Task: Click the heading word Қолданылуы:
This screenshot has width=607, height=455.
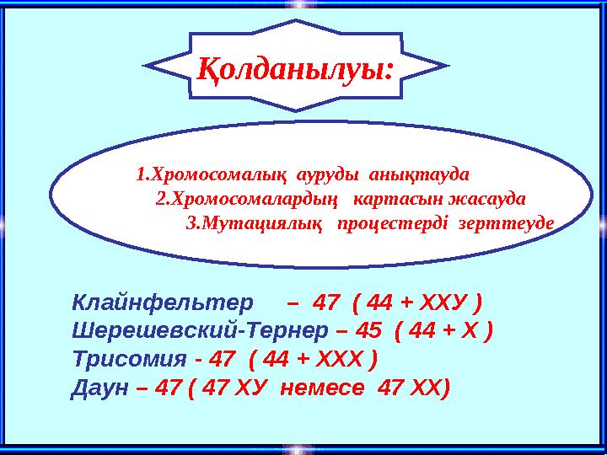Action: coord(295,68)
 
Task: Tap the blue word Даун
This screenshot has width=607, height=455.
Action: coord(100,388)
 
